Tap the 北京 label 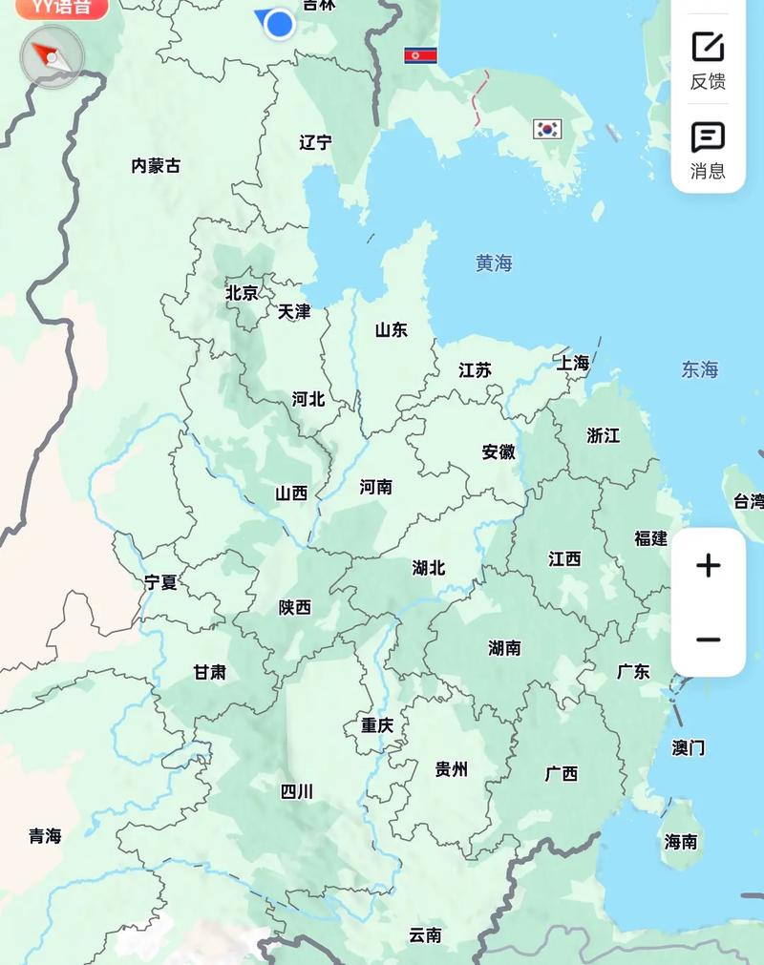(x=242, y=293)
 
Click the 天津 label (x=294, y=312)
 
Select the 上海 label (x=573, y=364)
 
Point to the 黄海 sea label (x=494, y=263)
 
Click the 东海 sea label (x=699, y=369)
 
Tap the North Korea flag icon (x=420, y=55)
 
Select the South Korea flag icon (x=547, y=129)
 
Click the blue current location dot (x=279, y=24)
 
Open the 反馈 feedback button (x=708, y=59)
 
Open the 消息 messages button (x=708, y=151)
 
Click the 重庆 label (x=377, y=725)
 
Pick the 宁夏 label (x=160, y=582)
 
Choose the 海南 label (x=681, y=842)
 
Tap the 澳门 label (x=688, y=747)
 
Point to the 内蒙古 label (x=156, y=166)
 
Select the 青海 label (x=45, y=836)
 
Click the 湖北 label (x=429, y=568)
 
